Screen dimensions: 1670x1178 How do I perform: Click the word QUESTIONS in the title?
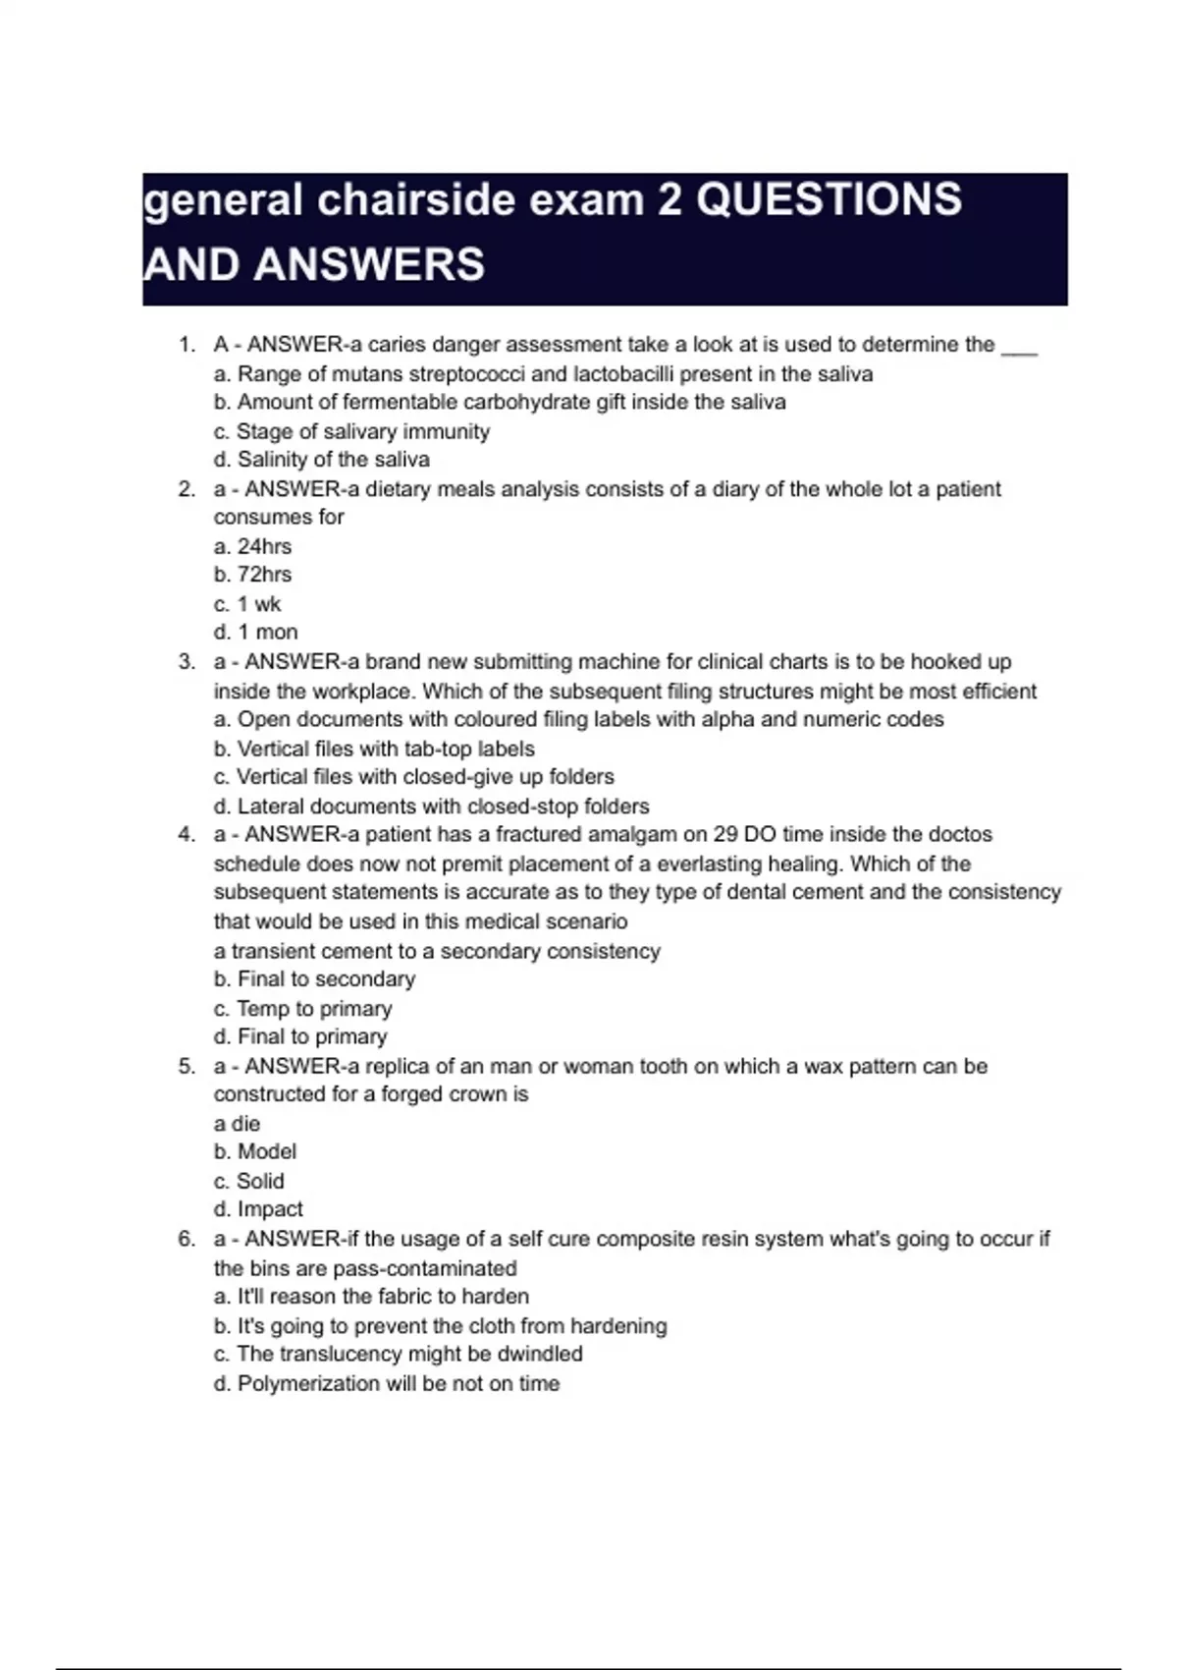pos(830,200)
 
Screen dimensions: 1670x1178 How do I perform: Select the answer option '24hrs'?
pos(253,546)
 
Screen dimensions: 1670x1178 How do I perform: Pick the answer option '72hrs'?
pos(253,575)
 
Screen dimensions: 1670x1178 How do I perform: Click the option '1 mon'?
pos(256,633)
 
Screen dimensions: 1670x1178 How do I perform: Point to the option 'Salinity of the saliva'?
pos(322,460)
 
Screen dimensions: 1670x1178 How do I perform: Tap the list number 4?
pos(186,835)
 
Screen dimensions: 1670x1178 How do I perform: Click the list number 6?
pos(186,1240)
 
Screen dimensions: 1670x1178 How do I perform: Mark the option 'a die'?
pos(237,1124)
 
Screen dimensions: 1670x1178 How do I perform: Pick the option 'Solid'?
pos(249,1182)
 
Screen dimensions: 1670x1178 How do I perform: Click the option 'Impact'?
pos(258,1210)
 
